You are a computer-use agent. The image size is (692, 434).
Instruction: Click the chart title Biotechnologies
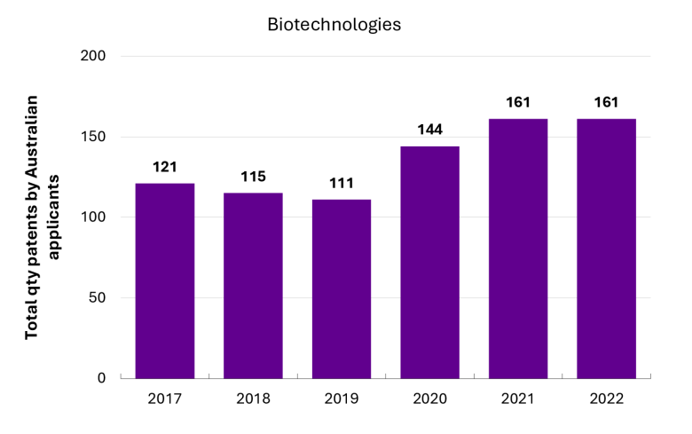pyautogui.click(x=334, y=25)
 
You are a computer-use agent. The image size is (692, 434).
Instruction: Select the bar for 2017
pyautogui.click(x=165, y=280)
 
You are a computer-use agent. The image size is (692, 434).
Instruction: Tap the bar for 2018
pyautogui.click(x=253, y=286)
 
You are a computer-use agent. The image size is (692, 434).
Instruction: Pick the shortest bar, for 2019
pyautogui.click(x=342, y=288)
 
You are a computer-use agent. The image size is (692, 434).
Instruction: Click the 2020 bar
pyautogui.click(x=430, y=262)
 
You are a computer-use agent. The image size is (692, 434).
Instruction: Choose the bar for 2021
pyautogui.click(x=518, y=249)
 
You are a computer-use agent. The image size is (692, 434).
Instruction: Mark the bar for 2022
pyautogui.click(x=606, y=249)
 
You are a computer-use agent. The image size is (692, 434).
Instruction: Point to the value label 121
pyautogui.click(x=165, y=167)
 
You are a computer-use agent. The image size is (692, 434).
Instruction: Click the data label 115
pyautogui.click(x=253, y=177)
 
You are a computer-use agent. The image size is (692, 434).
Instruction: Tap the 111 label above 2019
pyautogui.click(x=342, y=183)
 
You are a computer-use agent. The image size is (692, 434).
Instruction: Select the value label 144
pyautogui.click(x=430, y=130)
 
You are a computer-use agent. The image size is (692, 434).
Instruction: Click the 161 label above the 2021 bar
pyautogui.click(x=518, y=102)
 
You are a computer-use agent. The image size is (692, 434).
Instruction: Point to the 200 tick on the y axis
pyautogui.click(x=93, y=56)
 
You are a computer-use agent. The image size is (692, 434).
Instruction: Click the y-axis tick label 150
pyautogui.click(x=93, y=137)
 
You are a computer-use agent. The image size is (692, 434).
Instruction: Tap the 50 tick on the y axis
pyautogui.click(x=97, y=297)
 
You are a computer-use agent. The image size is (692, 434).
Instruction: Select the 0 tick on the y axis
pyautogui.click(x=101, y=378)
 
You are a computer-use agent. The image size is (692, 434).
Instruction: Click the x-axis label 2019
pyautogui.click(x=342, y=398)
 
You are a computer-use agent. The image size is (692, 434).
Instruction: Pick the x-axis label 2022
pyautogui.click(x=606, y=398)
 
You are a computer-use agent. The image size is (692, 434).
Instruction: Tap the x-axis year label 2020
pyautogui.click(x=430, y=398)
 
